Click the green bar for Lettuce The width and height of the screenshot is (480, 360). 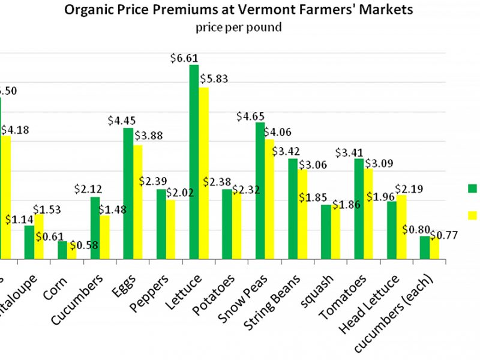coord(194,162)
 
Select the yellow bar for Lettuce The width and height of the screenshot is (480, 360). coord(204,173)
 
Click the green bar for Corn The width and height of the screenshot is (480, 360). coord(62,250)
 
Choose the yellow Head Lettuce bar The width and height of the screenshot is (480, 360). coord(402,227)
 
